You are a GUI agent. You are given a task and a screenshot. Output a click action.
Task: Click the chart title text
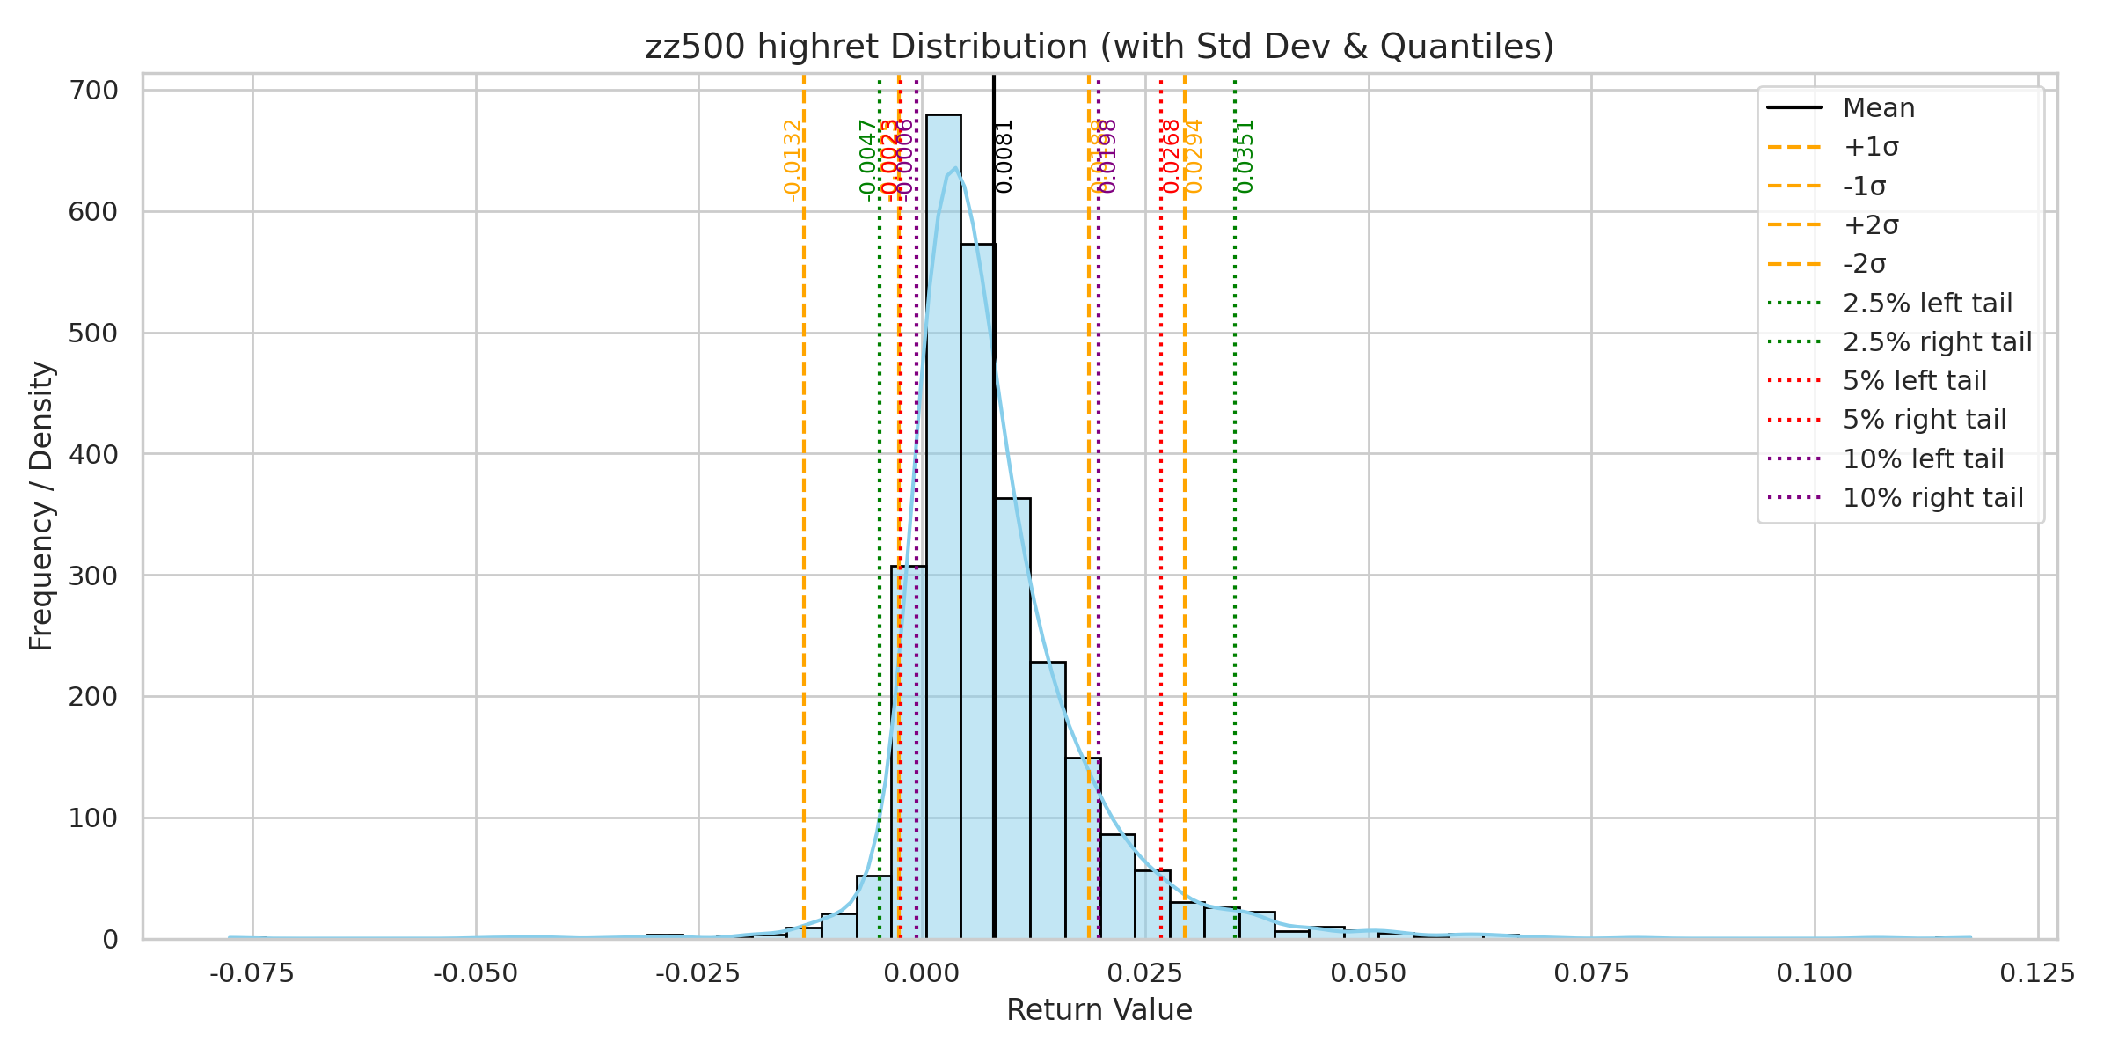click(x=1099, y=47)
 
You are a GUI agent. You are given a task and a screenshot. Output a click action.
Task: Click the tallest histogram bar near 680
click(x=943, y=528)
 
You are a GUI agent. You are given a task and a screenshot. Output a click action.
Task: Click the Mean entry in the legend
click(x=1879, y=108)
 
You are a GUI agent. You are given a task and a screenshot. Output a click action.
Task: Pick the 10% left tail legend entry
click(x=1923, y=459)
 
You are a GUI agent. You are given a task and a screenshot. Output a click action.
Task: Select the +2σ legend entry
click(x=1871, y=225)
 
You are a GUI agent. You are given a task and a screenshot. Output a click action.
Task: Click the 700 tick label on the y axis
click(x=93, y=91)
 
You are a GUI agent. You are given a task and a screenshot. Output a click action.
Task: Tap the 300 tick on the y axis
click(x=93, y=576)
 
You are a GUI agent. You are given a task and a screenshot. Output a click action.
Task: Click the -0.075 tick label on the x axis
click(x=252, y=974)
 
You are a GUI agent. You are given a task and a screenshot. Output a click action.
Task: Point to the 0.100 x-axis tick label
click(x=1814, y=974)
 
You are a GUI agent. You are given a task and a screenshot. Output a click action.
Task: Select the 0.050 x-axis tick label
click(x=1368, y=974)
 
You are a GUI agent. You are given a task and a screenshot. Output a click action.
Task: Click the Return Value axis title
click(x=1099, y=1010)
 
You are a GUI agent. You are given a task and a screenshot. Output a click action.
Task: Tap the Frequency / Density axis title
click(x=41, y=506)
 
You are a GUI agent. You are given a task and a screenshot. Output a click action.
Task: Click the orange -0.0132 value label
click(x=792, y=160)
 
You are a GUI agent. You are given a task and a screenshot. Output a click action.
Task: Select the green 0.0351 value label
click(x=1245, y=156)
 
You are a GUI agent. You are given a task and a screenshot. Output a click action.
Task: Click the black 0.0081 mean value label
click(x=1004, y=156)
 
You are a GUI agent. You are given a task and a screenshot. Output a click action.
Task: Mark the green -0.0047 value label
click(x=867, y=160)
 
